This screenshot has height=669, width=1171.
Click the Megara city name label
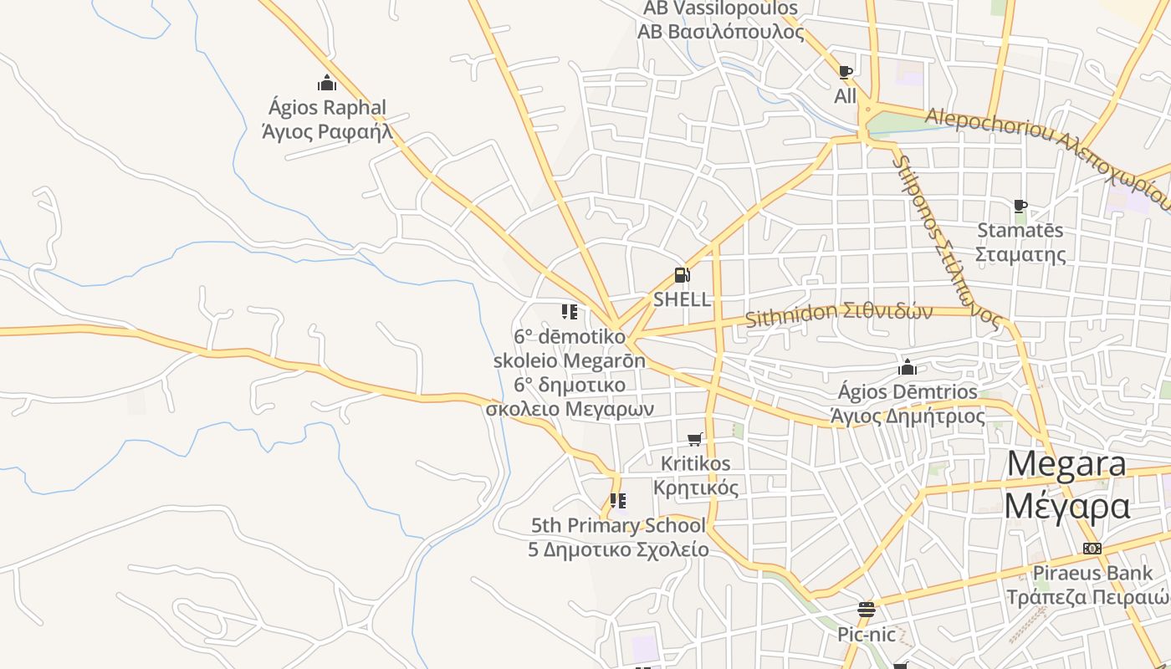[x=1066, y=485]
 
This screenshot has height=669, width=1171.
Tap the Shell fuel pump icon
[x=682, y=275]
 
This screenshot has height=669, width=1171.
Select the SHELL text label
[x=682, y=299]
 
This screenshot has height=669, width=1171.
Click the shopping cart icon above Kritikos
[x=694, y=439]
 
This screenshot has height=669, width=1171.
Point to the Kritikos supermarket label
[x=695, y=475]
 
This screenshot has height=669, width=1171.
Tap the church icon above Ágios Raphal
[x=327, y=83]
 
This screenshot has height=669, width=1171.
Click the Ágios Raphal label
[x=327, y=120]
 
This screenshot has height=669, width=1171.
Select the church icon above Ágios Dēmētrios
[x=908, y=367]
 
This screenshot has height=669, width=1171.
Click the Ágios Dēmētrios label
[x=908, y=403]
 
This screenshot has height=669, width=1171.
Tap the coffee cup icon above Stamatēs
[x=1020, y=206]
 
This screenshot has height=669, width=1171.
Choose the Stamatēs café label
[x=1020, y=242]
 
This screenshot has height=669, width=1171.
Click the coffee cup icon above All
[x=845, y=72]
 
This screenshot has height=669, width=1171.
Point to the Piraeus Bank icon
[x=1092, y=549]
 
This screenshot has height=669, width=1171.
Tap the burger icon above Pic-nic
[x=867, y=610]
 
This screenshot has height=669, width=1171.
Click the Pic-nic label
[x=867, y=635]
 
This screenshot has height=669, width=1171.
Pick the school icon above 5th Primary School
[x=618, y=501]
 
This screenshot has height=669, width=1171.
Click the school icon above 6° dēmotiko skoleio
[x=570, y=312]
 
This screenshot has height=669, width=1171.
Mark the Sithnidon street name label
[x=838, y=314]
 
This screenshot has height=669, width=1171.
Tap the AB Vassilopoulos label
[x=720, y=20]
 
